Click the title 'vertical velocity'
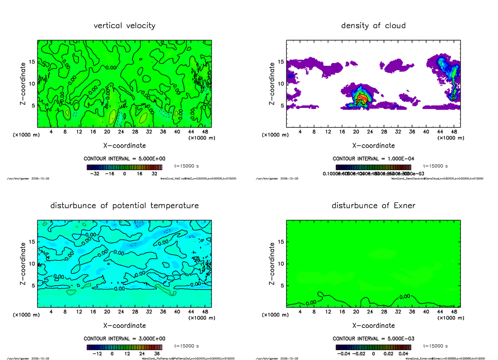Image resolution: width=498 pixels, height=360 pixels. pos(124,26)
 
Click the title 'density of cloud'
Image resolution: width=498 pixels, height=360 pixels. pos(373,26)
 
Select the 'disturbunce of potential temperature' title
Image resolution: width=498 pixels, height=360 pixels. pos(124,206)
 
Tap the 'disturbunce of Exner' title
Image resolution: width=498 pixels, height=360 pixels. pos(373,206)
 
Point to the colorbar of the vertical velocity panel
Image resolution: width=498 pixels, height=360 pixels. pos(124,167)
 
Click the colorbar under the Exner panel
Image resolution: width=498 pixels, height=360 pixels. pos(373,347)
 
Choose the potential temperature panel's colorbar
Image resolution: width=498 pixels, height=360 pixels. pos(124,347)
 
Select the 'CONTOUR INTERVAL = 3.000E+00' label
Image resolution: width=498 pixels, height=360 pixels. pos(124,338)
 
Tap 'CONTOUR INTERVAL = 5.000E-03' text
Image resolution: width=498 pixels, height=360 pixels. pos(373,338)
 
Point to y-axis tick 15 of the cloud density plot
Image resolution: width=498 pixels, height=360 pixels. pos(281,62)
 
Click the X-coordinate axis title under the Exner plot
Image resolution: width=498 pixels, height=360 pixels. pos(373,326)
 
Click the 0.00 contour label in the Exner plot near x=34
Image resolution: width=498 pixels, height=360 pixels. pos(405,297)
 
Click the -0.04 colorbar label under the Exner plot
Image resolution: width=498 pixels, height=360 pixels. pos(344,354)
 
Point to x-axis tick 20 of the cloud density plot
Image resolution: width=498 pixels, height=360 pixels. pos(356,132)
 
